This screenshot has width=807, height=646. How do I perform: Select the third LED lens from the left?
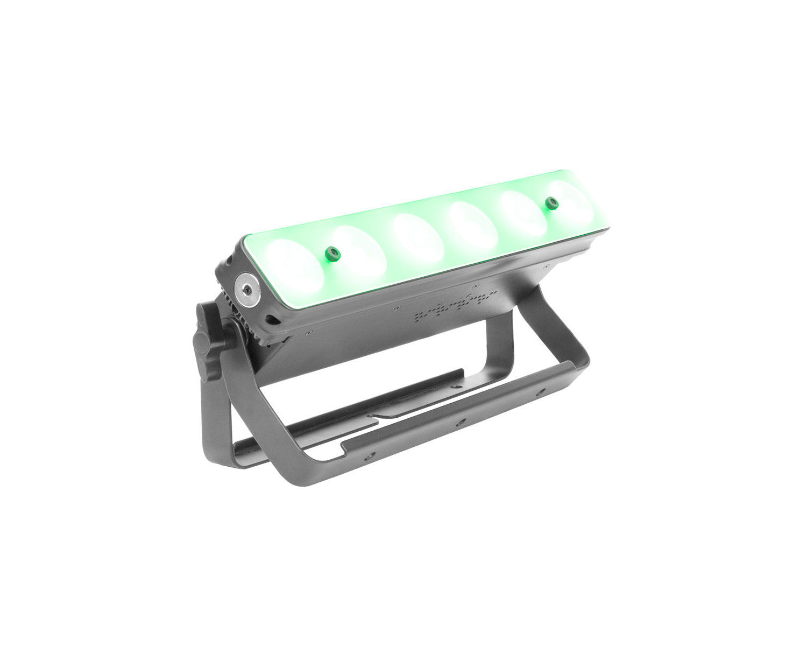point(419,237)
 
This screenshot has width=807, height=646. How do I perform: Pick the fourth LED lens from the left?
point(473,223)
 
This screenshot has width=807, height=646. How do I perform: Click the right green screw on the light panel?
point(550,203)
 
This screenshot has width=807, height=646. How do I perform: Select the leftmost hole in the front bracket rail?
point(367,455)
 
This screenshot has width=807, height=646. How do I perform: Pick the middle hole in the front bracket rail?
point(460,423)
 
